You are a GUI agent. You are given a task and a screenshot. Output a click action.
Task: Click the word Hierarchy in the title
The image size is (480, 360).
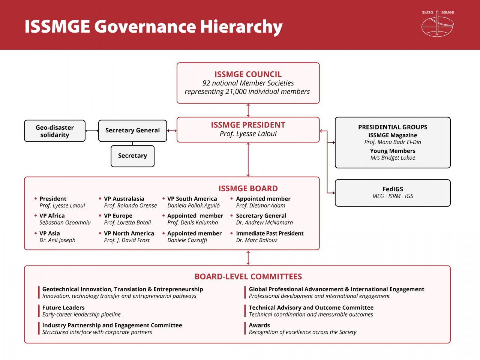[241, 27]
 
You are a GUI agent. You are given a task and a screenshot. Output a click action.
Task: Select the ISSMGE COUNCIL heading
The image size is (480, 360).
[248, 74]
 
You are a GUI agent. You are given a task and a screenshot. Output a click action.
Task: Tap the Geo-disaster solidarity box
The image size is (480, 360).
[55, 131]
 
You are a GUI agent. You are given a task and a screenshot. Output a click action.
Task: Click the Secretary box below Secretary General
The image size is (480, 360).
[132, 156]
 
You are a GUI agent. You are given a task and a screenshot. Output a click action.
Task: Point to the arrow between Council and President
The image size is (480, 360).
[248, 110]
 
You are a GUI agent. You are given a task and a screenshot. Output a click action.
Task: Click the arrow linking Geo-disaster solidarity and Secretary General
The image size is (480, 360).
[92, 131]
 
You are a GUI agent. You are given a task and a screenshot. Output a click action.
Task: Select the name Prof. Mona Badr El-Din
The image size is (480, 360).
[393, 142]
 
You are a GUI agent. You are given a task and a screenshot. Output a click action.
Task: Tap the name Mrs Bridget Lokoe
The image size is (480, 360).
[393, 158]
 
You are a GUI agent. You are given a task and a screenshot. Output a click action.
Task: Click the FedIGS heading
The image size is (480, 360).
[393, 189]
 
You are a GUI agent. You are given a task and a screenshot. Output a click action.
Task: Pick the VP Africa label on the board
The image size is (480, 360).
[52, 216]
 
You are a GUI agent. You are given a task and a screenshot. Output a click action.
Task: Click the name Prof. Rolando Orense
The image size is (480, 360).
[130, 205]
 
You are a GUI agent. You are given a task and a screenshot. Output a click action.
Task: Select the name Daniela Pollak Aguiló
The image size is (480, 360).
[193, 205]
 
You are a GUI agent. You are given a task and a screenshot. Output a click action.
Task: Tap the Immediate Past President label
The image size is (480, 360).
[270, 234]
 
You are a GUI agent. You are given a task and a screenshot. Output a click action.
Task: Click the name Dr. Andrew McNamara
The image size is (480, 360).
[264, 222]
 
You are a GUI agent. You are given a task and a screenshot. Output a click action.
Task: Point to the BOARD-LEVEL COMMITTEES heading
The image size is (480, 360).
[248, 277]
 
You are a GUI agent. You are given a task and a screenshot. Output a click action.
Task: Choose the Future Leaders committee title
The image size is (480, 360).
[63, 308]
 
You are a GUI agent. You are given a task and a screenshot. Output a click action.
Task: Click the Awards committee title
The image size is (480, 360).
[259, 325]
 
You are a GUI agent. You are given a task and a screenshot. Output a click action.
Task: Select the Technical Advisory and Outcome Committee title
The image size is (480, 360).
[311, 308]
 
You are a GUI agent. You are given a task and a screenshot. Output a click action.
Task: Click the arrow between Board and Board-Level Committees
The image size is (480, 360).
[248, 258]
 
